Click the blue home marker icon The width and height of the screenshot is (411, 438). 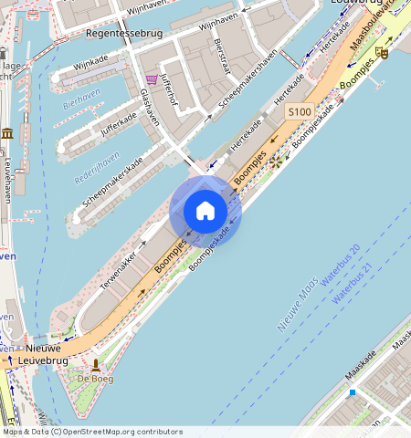point(205,211)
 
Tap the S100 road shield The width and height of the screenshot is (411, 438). point(299,111)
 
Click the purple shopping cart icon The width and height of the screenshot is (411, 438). point(152,79)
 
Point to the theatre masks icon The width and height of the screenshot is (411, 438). point(382,53)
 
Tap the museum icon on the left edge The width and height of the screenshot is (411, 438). point(7,134)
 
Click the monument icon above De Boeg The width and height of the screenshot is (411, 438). point(95,364)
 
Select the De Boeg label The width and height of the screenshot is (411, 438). point(95,378)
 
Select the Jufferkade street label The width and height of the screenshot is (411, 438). point(118,126)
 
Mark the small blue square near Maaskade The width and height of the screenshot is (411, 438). point(353,392)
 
